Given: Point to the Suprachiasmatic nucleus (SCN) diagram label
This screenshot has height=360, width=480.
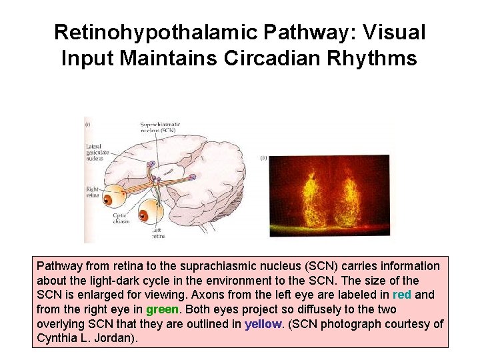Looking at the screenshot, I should point(160,128).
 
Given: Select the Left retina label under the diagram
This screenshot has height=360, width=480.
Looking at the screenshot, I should point(157,233).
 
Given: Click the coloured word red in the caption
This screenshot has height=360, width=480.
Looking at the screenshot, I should point(402,295).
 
